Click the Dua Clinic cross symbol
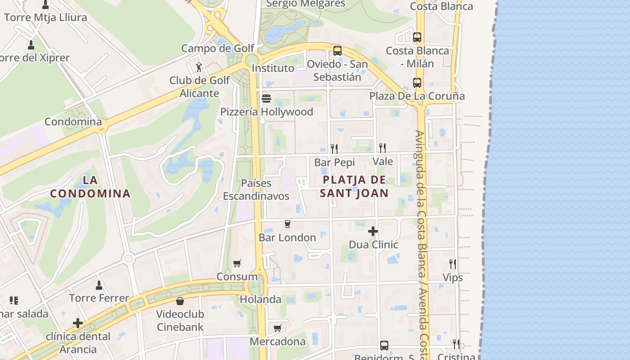[x=373, y=231]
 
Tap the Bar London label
[x=288, y=238]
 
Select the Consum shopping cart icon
[x=237, y=263]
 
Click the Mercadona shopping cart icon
[x=278, y=328]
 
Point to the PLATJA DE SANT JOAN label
[x=354, y=186]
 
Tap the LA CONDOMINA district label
[x=90, y=187]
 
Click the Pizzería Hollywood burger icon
[x=266, y=98]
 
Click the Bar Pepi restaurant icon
[x=334, y=148]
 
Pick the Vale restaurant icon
[x=382, y=148]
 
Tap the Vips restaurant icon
[x=453, y=264]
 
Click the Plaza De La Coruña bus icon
[x=417, y=83]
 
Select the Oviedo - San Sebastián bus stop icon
[x=337, y=51]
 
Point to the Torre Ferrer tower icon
[x=99, y=285]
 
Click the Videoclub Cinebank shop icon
[x=180, y=301]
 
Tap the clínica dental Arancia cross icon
[x=78, y=323]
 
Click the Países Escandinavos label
[x=256, y=190]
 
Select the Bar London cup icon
[x=288, y=224]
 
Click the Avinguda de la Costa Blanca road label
[x=422, y=243]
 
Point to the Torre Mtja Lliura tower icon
[x=45, y=5]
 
